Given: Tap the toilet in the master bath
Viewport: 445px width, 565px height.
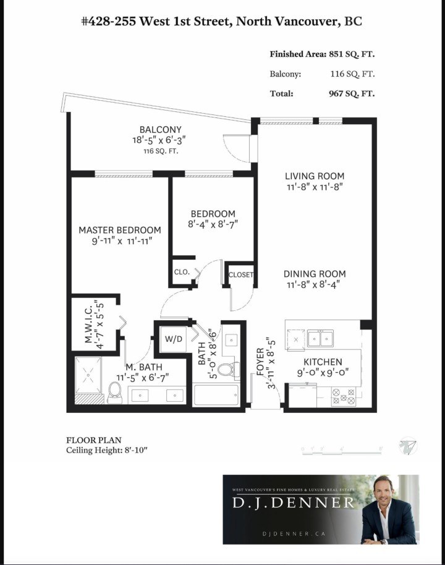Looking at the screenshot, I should (x=114, y=392).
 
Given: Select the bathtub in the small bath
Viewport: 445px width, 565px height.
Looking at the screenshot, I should (x=216, y=395).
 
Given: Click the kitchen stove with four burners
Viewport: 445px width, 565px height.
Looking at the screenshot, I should (x=344, y=396).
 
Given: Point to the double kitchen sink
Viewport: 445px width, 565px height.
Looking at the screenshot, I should (x=321, y=338).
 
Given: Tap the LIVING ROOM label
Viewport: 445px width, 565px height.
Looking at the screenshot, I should (x=315, y=176).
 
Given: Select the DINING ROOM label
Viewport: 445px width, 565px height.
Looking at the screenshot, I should (x=315, y=274).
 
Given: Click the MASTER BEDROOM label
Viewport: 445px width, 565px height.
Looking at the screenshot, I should (x=119, y=230).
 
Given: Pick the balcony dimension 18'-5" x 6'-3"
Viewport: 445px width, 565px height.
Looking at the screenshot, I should (x=160, y=140).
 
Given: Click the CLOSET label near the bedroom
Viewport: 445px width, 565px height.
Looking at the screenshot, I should (x=241, y=275).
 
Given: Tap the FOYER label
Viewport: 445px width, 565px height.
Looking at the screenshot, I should (x=260, y=362).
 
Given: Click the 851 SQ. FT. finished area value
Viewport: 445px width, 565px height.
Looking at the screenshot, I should (x=351, y=54).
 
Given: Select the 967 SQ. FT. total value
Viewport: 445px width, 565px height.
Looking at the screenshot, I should (x=351, y=94).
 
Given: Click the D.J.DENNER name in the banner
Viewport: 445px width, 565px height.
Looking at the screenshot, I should (x=293, y=503).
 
